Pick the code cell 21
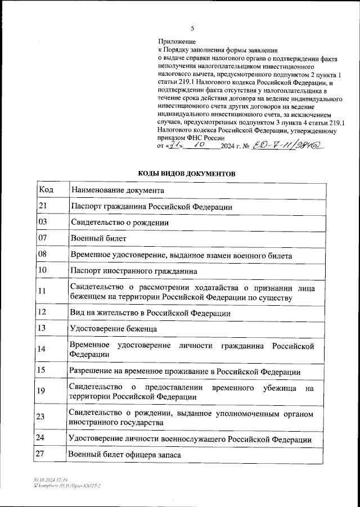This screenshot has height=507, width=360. [x=42, y=206]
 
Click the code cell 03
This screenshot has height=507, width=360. [x=42, y=222]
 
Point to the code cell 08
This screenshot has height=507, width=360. [x=42, y=255]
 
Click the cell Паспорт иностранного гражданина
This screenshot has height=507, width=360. [x=133, y=271]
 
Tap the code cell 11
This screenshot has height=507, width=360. [x=42, y=291]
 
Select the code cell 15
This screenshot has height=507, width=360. [x=42, y=370]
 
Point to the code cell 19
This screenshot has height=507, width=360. [x=42, y=391]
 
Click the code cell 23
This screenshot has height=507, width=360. [x=42, y=417]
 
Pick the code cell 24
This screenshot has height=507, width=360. [x=42, y=437]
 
